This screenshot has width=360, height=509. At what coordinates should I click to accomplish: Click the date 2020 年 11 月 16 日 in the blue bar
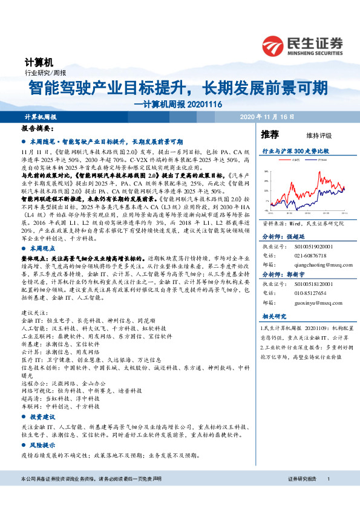tap(267, 116)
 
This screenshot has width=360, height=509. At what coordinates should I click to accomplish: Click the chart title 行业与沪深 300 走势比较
tap(295, 150)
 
